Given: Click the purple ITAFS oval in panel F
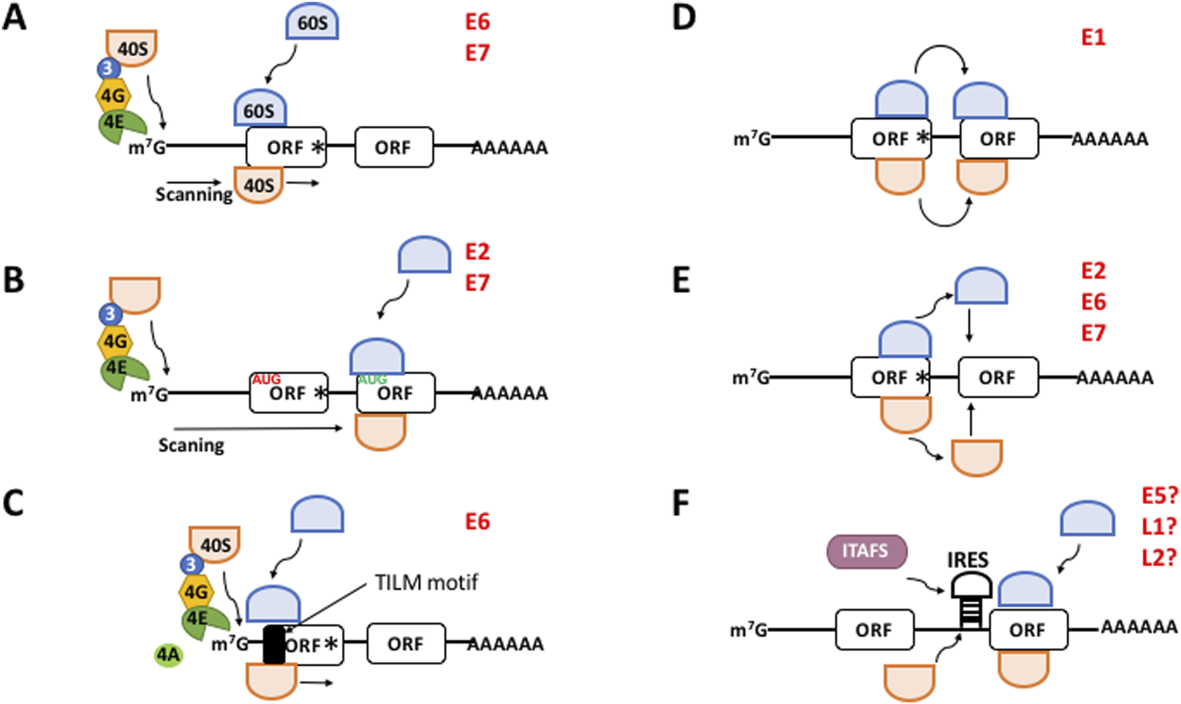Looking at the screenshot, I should (866, 551).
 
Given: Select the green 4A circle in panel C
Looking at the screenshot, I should (168, 655).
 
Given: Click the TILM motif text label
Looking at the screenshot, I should (427, 582).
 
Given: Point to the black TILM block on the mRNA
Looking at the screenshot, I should (274, 645).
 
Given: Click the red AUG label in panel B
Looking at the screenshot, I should (266, 379).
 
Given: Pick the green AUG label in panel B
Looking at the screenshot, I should (372, 379).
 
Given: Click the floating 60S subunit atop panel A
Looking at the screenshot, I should (312, 24).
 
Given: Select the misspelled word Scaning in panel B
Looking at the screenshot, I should (191, 445).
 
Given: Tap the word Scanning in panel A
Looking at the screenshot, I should (194, 194).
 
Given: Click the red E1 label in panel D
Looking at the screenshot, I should (1093, 37).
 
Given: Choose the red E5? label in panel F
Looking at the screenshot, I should (1160, 495).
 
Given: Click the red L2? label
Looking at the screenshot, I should (1160, 557).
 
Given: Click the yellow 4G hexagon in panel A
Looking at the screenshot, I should (113, 96).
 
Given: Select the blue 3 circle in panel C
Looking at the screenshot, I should (192, 565).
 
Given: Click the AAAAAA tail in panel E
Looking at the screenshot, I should (1115, 378).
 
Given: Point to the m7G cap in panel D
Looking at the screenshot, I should (752, 139).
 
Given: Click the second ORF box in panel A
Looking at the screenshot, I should (393, 147).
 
